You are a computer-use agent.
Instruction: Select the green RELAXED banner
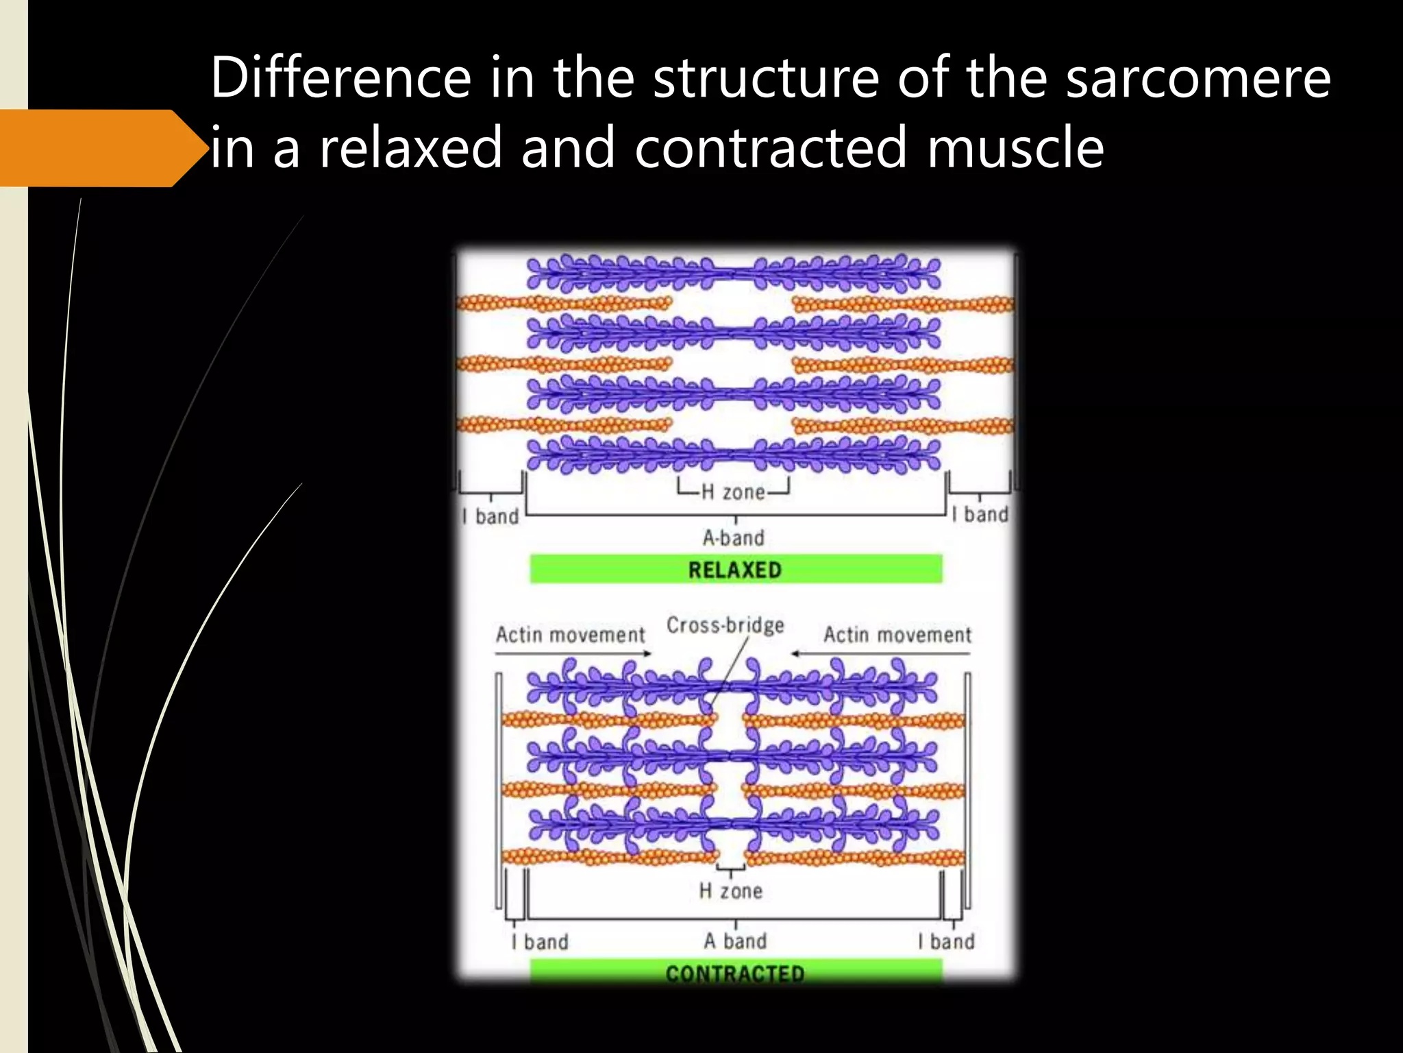point(736,569)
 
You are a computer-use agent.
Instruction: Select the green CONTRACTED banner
point(736,972)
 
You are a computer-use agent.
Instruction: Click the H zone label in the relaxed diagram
point(733,492)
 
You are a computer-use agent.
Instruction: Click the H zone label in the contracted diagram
point(730,891)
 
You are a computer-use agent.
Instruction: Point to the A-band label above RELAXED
point(733,537)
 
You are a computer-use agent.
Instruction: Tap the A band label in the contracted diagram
point(735,941)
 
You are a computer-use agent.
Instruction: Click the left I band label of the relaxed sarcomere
point(491,516)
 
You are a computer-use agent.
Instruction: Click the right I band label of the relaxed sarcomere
point(980,514)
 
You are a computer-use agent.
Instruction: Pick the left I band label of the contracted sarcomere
point(540,941)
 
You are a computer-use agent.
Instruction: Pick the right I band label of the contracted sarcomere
point(947,941)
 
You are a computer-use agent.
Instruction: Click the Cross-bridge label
point(725,625)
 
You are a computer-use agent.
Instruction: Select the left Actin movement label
point(570,634)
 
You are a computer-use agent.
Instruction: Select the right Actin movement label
point(897,634)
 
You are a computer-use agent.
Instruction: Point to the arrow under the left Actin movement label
point(573,653)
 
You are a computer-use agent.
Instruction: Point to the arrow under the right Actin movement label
point(880,653)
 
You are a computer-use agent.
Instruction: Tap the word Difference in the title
point(340,77)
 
